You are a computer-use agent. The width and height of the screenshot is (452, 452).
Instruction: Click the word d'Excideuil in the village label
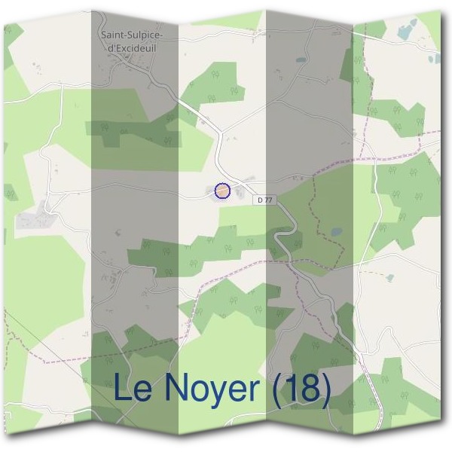133,47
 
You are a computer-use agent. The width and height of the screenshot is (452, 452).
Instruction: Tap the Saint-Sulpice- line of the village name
133,35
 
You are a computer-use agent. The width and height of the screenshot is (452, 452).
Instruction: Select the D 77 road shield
263,200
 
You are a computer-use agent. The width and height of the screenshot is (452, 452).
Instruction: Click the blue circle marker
222,191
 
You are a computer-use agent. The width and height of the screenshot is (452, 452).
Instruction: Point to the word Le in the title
133,389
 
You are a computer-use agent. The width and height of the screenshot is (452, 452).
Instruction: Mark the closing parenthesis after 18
325,389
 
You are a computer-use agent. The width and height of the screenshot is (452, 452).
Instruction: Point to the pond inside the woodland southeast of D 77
336,231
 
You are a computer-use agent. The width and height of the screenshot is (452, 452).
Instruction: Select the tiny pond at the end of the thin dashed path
389,277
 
